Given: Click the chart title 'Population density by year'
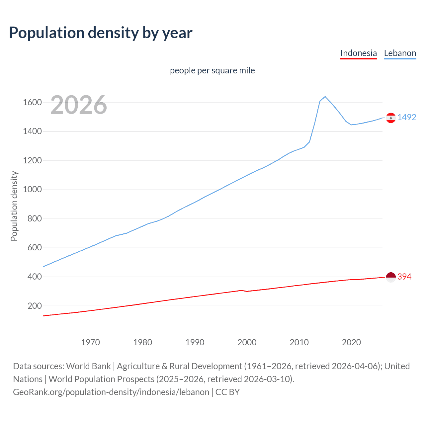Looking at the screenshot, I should point(101,33).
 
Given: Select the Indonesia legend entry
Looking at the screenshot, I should point(359,53).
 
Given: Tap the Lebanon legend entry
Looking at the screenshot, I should point(400,53).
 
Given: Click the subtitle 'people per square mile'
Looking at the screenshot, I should point(212,70).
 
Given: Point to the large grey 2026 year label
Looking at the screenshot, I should point(79,105).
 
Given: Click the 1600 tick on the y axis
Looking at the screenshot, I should point(32,102).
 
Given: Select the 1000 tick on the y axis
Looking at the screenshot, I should point(32,190).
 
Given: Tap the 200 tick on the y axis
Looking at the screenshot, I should point(35,306).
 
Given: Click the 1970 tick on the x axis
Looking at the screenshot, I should point(90,342).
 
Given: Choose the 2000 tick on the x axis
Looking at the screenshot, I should point(247,342).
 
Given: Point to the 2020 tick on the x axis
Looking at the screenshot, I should point(351,342).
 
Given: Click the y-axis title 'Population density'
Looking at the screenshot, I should point(14,206).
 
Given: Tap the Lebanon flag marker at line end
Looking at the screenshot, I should point(391,118).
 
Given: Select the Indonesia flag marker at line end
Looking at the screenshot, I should point(391,277).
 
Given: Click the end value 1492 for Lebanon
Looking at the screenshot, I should point(407,117).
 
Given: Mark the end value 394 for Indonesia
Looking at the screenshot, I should point(404,277).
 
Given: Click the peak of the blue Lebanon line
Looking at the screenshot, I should point(325,97).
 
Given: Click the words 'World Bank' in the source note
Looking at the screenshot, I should point(88,366).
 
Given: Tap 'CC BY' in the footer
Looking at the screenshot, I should point(227,392).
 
